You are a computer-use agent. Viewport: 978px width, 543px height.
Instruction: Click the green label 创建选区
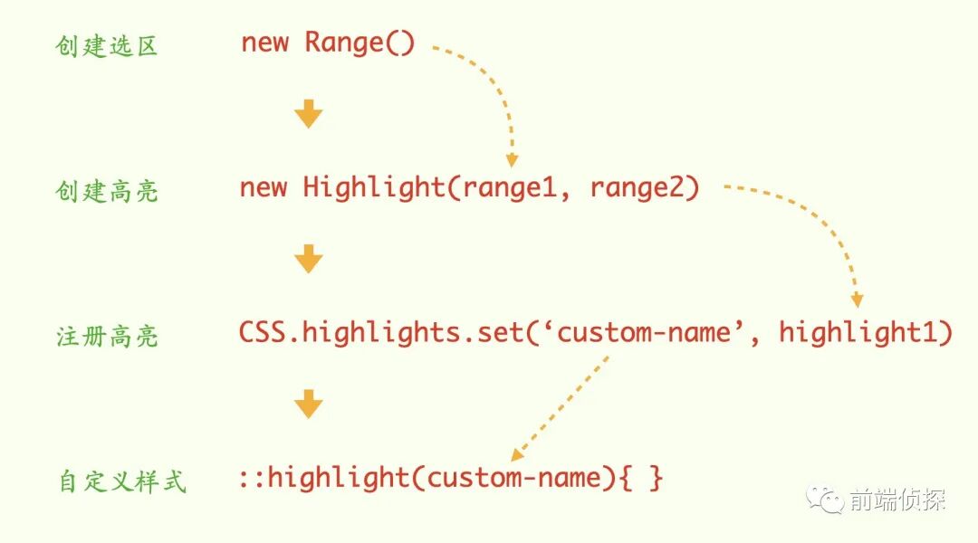coord(106,46)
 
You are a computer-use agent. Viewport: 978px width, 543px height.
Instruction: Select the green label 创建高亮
coord(106,191)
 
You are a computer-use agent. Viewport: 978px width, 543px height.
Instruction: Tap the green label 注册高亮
coord(106,337)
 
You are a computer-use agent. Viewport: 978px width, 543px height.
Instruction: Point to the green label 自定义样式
coord(121,481)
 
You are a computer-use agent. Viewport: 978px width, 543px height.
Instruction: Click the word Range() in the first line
coord(360,43)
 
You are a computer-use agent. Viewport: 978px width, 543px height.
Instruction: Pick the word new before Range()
coord(264,43)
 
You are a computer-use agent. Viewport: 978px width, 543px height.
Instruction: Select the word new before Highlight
coord(264,188)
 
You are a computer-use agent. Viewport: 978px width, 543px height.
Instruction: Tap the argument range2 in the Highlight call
coord(644,188)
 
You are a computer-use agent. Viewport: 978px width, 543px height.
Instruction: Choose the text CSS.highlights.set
coord(380,332)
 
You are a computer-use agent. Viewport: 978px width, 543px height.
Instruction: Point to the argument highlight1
coord(866,332)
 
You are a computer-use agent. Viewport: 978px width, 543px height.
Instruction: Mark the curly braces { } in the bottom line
coord(641,477)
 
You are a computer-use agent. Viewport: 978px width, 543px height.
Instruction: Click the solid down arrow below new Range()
coord(308,115)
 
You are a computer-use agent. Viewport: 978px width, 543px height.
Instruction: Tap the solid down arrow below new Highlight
coord(308,260)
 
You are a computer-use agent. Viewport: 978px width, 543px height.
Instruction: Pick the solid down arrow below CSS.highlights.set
coord(308,405)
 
